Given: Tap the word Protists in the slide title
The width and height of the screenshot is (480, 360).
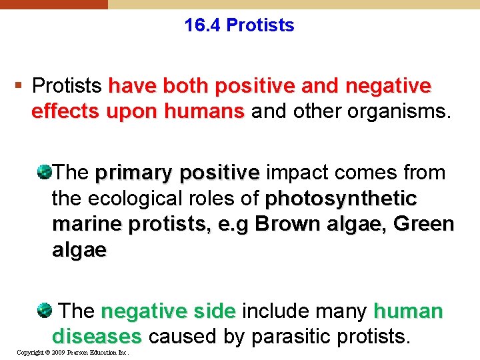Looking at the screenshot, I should (260, 26).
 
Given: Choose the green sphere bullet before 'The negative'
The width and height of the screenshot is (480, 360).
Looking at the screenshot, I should (45, 311).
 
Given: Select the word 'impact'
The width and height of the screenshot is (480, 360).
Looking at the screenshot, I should (297, 173).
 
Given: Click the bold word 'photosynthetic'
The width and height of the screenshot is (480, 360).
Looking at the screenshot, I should (341, 199).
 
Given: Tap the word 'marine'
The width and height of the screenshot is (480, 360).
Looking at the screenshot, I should (84, 224).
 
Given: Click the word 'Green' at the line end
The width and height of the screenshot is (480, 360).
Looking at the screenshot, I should (423, 224).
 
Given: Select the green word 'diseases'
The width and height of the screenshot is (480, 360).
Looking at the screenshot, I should (97, 337).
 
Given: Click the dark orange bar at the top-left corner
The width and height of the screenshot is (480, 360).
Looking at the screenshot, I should (53, 4).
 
